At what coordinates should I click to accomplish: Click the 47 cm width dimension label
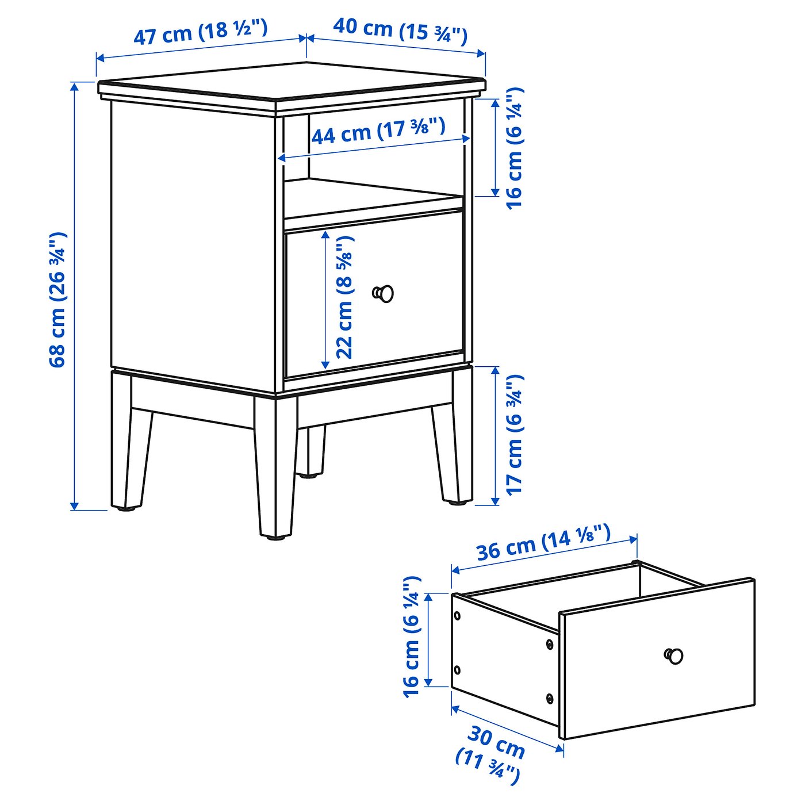click(x=200, y=32)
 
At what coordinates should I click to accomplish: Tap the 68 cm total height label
click(x=57, y=299)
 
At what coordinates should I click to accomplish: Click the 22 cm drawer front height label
click(x=344, y=297)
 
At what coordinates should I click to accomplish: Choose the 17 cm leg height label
click(x=515, y=434)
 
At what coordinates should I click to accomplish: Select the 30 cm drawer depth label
click(x=492, y=753)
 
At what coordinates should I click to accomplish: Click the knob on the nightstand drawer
click(x=384, y=293)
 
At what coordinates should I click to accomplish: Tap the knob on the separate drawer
click(x=673, y=655)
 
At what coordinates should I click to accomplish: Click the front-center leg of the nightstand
click(x=276, y=466)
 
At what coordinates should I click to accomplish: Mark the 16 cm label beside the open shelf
click(x=515, y=148)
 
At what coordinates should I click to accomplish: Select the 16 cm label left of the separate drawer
click(x=412, y=637)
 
